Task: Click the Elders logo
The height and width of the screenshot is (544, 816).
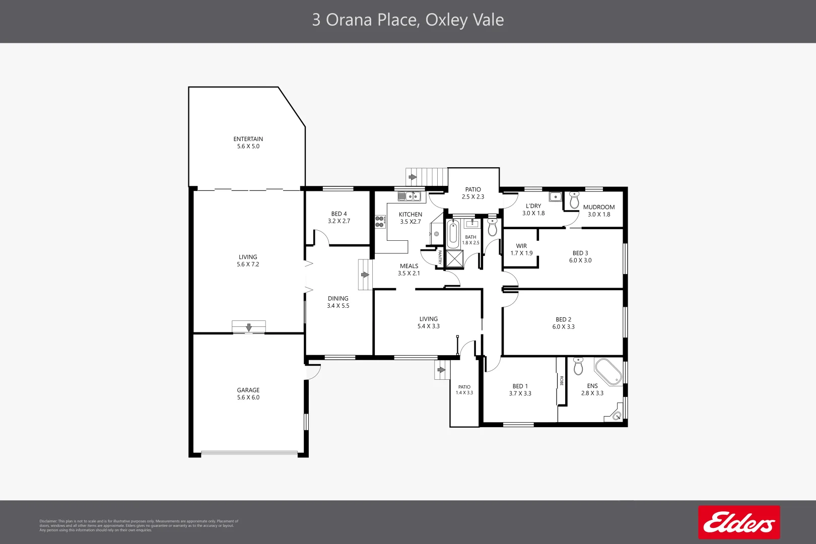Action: tap(738, 522)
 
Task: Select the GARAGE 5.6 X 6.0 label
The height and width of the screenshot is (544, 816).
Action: tap(248, 394)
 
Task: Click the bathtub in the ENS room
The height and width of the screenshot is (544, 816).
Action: tap(608, 372)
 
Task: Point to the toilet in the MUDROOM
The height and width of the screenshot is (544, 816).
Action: tap(574, 200)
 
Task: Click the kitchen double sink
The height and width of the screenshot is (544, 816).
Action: tap(409, 196)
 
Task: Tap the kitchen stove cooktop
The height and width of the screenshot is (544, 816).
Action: tap(380, 222)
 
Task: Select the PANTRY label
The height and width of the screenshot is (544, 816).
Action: tap(440, 257)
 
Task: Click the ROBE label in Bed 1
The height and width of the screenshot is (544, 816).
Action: tap(561, 381)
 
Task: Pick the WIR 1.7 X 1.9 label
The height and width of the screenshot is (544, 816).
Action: tap(521, 250)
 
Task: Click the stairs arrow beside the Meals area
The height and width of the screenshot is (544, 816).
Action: tap(365, 275)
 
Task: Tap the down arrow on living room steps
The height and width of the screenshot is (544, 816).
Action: tap(249, 327)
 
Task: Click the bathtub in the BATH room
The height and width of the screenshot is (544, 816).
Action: tap(453, 234)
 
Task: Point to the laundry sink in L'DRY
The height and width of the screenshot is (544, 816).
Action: tap(555, 196)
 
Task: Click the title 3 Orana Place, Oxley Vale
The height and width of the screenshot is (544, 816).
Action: tap(408, 20)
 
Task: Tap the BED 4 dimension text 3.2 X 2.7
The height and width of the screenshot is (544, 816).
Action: tap(339, 221)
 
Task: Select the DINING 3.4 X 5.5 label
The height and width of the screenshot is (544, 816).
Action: tap(338, 302)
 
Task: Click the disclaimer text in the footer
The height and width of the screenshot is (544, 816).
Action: tap(139, 525)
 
